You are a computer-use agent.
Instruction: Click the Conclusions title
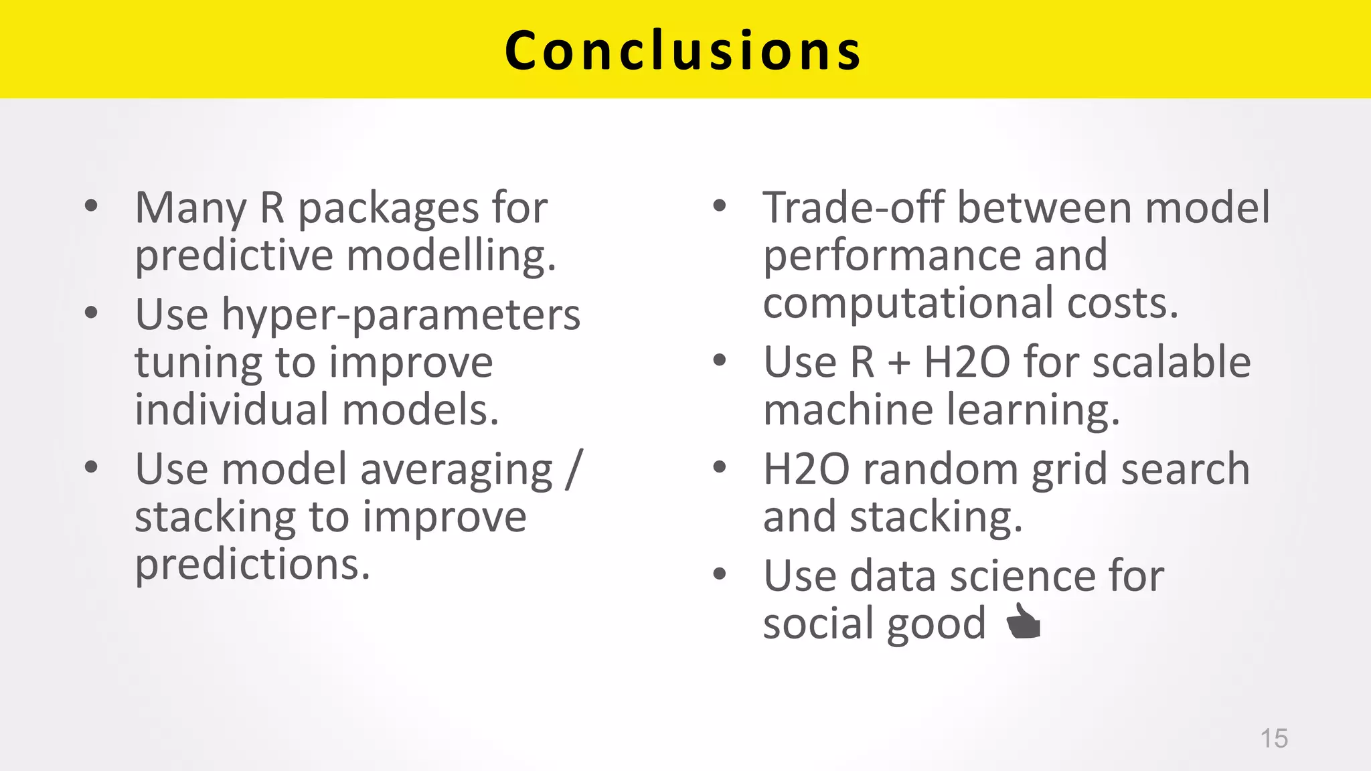(683, 51)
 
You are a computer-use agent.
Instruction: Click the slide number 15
(1273, 738)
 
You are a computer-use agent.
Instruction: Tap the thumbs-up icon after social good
(1024, 622)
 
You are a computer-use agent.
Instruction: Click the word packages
(388, 209)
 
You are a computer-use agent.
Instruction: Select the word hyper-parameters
(400, 316)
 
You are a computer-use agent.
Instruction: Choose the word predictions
(252, 564)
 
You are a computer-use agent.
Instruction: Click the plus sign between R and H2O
(899, 363)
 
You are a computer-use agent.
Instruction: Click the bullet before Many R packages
(92, 205)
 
